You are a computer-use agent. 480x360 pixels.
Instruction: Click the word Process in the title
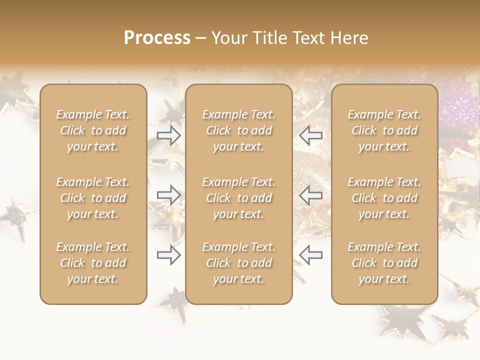[157, 38]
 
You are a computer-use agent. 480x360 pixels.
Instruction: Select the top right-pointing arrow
[169, 135]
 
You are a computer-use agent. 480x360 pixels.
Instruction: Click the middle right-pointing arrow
[169, 195]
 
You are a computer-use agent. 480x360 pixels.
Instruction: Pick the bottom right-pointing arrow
[169, 255]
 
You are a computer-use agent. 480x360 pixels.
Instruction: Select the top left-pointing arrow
[310, 135]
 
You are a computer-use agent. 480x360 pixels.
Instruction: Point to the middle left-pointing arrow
[310, 195]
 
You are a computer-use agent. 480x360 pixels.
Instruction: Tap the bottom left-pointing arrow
[310, 255]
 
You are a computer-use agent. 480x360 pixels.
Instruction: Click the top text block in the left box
[93, 130]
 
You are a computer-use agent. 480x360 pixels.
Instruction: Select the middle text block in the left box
[93, 198]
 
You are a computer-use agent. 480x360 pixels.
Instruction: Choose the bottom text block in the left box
[93, 263]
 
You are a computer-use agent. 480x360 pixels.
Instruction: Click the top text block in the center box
[238, 130]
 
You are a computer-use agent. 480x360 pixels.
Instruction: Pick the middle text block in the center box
[238, 198]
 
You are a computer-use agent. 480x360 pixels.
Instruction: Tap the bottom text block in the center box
[238, 263]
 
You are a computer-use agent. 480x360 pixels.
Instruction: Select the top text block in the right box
[384, 130]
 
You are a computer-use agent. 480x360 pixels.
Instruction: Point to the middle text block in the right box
[384, 198]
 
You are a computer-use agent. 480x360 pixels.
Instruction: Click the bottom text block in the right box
[384, 263]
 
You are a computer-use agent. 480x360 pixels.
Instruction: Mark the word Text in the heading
[309, 38]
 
